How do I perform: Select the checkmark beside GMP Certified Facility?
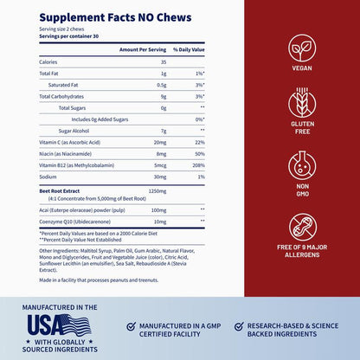[130, 327]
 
